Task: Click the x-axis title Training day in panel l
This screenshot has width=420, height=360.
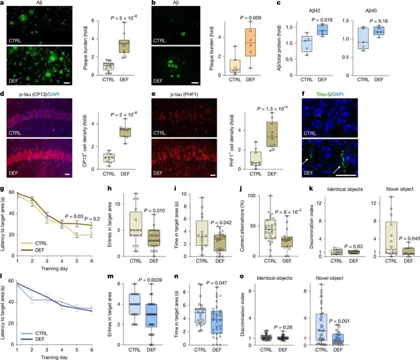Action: click(x=56, y=356)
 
